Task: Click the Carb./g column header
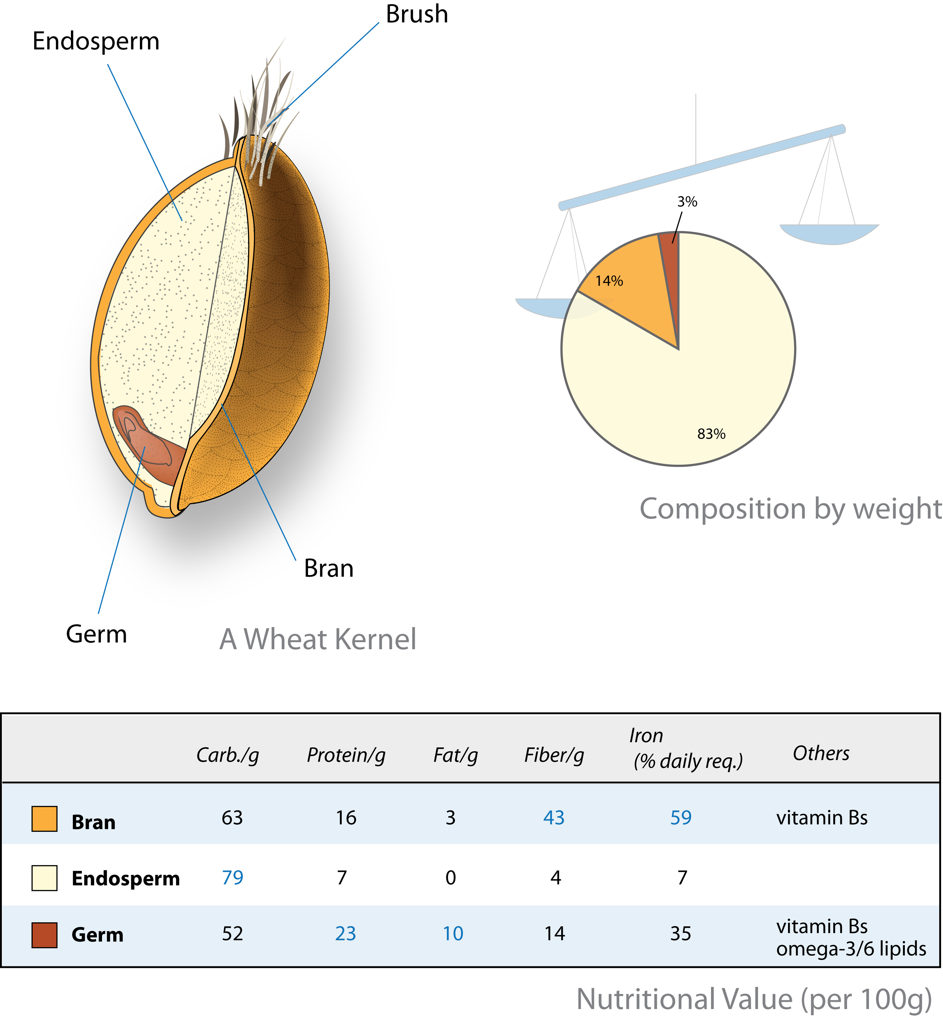click(x=227, y=755)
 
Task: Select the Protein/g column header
click(x=346, y=755)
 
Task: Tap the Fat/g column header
click(x=455, y=755)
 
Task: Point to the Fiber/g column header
click(x=554, y=755)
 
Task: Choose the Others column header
click(x=821, y=753)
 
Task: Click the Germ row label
click(x=98, y=935)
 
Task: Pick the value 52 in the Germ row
click(x=232, y=934)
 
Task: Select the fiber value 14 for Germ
click(x=555, y=934)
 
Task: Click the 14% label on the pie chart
click(x=609, y=281)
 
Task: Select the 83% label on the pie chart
click(x=711, y=434)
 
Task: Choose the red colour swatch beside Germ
click(x=44, y=935)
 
